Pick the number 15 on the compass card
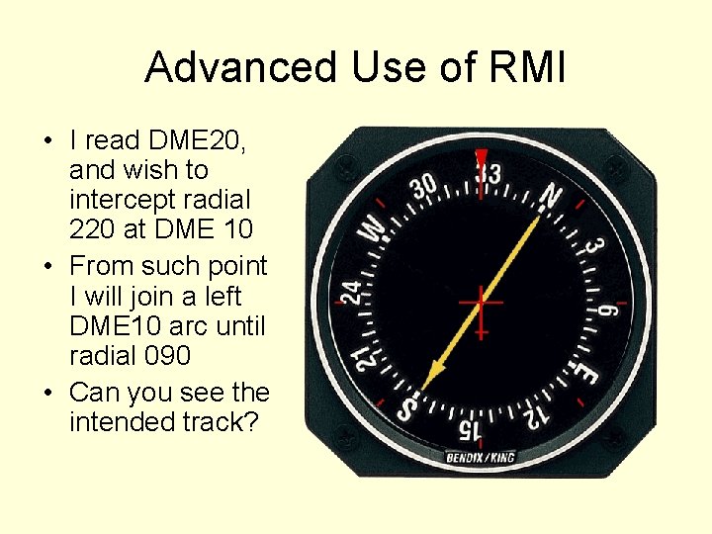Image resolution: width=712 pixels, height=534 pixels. pyautogui.click(x=471, y=429)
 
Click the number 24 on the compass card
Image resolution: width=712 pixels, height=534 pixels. pyautogui.click(x=350, y=293)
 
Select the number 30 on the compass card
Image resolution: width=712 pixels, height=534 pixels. pyautogui.click(x=424, y=187)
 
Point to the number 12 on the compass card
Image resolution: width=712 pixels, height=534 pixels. pyautogui.click(x=535, y=416)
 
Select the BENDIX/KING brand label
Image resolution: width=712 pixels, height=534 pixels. pyautogui.click(x=481, y=458)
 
